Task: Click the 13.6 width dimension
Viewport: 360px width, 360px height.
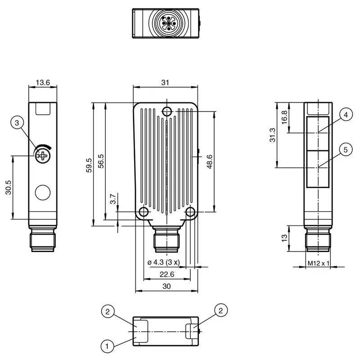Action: coord(43,82)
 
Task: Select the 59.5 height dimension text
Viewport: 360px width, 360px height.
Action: coord(89,165)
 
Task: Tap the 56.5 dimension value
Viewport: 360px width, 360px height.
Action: coord(101,161)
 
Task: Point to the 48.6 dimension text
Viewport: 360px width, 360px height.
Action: coord(210,162)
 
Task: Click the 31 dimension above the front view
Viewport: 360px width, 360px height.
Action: coord(165,82)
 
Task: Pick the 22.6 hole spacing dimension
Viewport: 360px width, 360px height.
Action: coord(167,274)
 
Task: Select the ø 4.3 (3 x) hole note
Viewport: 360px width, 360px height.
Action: coord(163,262)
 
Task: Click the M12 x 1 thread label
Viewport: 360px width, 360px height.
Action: coord(318,263)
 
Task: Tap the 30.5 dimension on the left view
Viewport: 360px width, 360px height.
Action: coord(8,187)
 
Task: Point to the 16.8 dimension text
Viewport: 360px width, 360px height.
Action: coord(284,117)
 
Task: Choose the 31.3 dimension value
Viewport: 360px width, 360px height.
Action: coord(273,135)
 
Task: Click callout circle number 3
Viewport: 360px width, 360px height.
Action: coord(17,123)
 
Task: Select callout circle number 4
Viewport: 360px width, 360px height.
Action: coord(346,115)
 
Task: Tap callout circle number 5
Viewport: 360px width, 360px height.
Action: coord(346,150)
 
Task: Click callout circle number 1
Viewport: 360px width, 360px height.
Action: coord(107,346)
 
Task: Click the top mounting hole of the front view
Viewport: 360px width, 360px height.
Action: coord(167,112)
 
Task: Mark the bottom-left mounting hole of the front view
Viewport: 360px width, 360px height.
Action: coord(144,211)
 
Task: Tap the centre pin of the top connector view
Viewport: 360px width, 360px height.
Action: coord(168,23)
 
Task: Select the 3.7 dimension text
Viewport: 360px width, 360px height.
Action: coord(113,199)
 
